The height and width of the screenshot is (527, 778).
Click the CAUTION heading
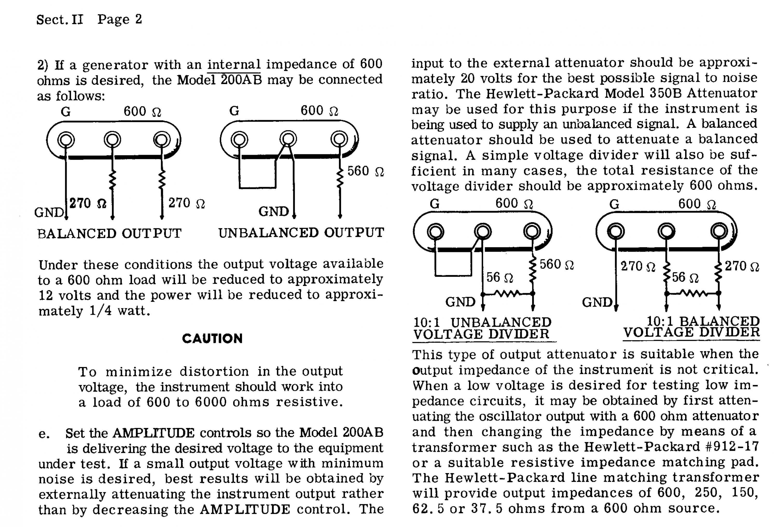(x=212, y=339)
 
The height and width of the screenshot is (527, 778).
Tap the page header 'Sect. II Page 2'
(x=89, y=19)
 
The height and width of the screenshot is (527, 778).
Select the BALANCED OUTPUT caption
(x=109, y=233)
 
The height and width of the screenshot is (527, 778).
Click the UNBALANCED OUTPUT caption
(x=301, y=233)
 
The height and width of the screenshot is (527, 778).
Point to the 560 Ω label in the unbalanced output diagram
(x=366, y=171)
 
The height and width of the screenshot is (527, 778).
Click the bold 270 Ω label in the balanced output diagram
(x=88, y=203)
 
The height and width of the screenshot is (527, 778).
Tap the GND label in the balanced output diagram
(x=49, y=212)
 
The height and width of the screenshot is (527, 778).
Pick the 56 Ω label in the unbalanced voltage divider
(x=499, y=277)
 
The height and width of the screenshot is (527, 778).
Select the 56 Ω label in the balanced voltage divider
(x=685, y=277)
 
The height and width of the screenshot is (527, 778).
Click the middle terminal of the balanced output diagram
(x=112, y=139)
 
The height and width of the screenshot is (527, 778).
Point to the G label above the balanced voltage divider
(x=614, y=204)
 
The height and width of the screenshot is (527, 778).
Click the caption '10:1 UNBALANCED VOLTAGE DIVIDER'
(x=482, y=328)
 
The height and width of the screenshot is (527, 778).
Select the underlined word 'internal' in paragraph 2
(x=234, y=64)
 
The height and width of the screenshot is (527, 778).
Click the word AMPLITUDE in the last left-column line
(x=245, y=509)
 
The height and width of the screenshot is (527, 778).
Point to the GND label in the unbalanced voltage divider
(x=460, y=302)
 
